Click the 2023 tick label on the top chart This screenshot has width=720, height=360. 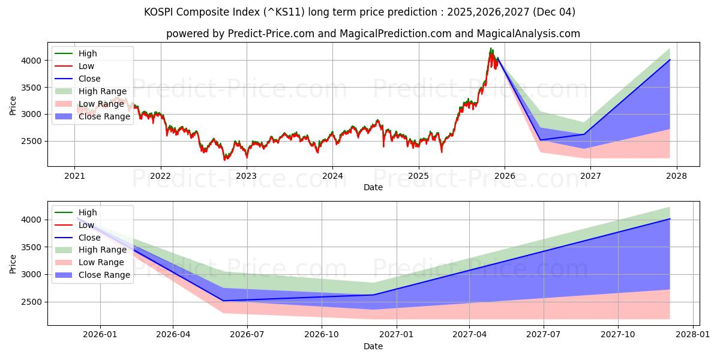(246, 176)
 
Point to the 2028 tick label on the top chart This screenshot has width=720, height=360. (677, 176)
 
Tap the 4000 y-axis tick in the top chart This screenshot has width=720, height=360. (34, 61)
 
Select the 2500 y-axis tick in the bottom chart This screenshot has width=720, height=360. (34, 302)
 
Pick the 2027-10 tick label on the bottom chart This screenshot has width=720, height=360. (618, 335)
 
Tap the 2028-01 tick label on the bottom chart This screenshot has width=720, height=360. (692, 335)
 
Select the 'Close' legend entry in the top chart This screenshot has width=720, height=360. (89, 79)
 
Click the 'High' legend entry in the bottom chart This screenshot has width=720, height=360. (88, 212)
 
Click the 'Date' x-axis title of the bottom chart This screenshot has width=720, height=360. (373, 346)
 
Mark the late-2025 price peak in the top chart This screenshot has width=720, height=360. (491, 49)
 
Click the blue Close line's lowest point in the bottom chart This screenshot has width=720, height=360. (223, 301)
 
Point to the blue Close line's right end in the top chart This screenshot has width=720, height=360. (670, 60)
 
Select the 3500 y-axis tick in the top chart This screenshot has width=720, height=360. (34, 88)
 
